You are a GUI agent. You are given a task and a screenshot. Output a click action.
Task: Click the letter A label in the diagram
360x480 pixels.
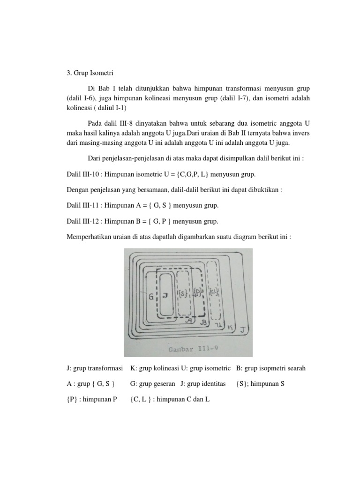[188, 321]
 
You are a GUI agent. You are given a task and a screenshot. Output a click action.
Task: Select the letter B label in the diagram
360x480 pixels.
[203, 322]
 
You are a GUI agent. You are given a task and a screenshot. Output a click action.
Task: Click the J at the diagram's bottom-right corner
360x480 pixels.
[242, 330]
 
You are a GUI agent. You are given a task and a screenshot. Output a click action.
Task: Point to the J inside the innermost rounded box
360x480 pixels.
[165, 296]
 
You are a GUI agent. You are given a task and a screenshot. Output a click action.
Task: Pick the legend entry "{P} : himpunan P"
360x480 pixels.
[91, 399]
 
